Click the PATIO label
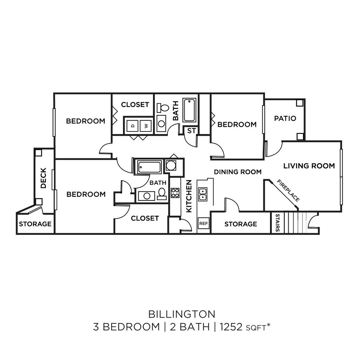click(x=285, y=118)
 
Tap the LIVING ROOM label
click(x=309, y=166)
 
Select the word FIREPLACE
click(x=288, y=191)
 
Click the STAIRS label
click(x=277, y=223)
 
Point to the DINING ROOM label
click(x=238, y=172)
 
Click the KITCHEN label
click(x=189, y=196)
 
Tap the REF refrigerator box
click(x=203, y=223)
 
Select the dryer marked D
click(x=133, y=125)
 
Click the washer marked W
click(x=145, y=125)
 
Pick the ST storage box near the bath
click(x=191, y=131)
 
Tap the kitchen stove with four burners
click(x=175, y=193)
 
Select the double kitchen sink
click(x=203, y=194)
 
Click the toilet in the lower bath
click(x=162, y=193)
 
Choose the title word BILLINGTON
click(x=181, y=313)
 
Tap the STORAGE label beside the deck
click(x=35, y=224)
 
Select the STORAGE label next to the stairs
click(x=240, y=224)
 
